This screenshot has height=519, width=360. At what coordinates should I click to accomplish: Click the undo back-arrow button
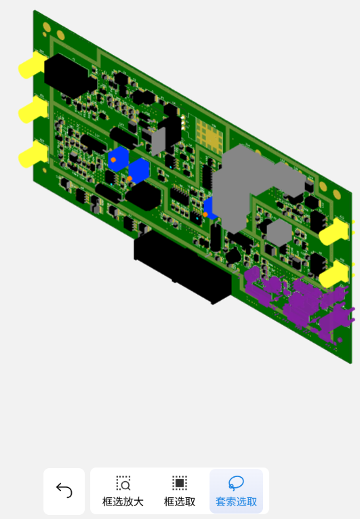pyautogui.click(x=64, y=491)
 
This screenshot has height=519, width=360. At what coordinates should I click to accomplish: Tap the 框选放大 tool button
pyautogui.click(x=123, y=491)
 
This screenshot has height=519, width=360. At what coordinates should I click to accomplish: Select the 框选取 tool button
pyautogui.click(x=180, y=491)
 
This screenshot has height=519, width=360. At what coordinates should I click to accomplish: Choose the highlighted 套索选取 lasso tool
pyautogui.click(x=236, y=491)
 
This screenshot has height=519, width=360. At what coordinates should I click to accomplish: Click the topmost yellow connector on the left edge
pyautogui.click(x=33, y=65)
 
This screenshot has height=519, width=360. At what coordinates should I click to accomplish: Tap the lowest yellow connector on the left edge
pyautogui.click(x=33, y=154)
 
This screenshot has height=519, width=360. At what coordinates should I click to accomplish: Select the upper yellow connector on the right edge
pyautogui.click(x=334, y=231)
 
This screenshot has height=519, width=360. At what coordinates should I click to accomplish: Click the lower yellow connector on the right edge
pyautogui.click(x=334, y=274)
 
